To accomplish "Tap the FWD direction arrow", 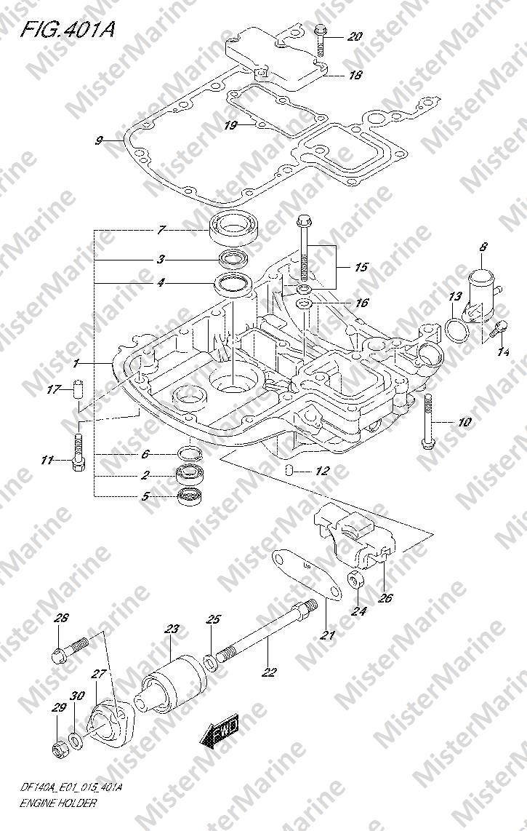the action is point(219,732).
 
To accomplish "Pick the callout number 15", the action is point(361,267).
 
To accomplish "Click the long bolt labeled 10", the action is point(427,422).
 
